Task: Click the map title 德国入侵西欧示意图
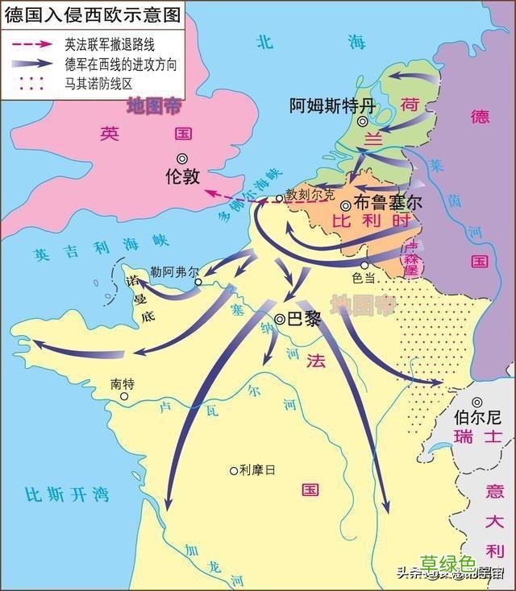point(91,14)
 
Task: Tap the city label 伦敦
point(181,176)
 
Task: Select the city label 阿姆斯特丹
point(333,105)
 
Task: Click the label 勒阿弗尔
point(174,272)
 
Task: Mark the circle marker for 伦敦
point(182,158)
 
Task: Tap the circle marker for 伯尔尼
point(478,402)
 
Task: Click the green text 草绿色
point(448,564)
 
